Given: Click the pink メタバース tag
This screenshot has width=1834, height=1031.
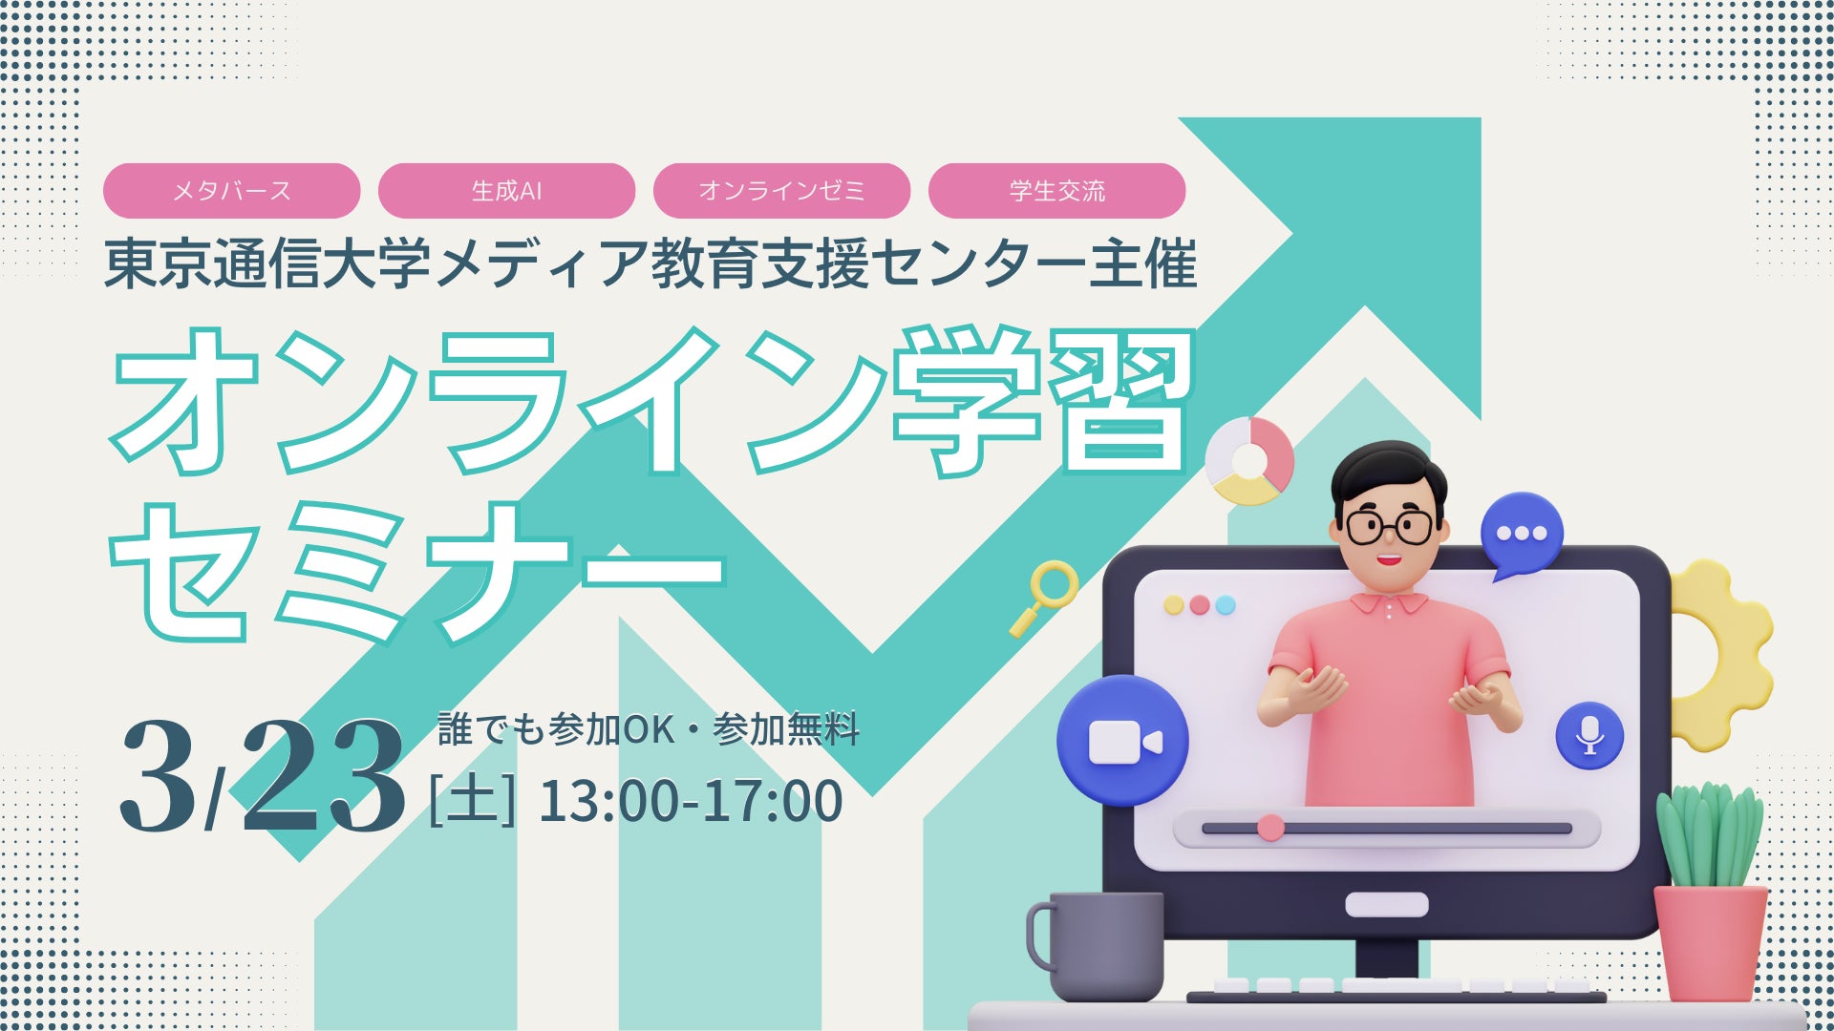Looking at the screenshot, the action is [x=231, y=191].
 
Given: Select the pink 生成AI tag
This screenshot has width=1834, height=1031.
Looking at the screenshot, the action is [x=506, y=191].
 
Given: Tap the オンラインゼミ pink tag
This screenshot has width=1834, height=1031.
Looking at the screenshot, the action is [x=781, y=191].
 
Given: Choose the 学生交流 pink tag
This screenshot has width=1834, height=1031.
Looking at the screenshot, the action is [x=1056, y=191].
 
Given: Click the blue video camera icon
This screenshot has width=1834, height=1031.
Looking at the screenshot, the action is [x=1123, y=741].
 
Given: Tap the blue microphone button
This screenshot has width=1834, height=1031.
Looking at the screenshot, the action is [x=1589, y=735].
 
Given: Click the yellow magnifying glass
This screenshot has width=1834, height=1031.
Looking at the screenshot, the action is [x=1046, y=596].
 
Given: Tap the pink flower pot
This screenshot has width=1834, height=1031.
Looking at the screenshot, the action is [x=1710, y=941].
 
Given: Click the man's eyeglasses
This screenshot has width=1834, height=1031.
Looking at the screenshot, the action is [x=1389, y=526].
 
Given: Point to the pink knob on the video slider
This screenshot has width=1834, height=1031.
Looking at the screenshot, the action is [x=1270, y=827].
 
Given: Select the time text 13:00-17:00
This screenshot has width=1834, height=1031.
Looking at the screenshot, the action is [x=691, y=801].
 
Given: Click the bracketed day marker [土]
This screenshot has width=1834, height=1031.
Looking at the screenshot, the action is [x=473, y=800].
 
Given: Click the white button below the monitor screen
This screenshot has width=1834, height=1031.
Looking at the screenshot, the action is [x=1386, y=904].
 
